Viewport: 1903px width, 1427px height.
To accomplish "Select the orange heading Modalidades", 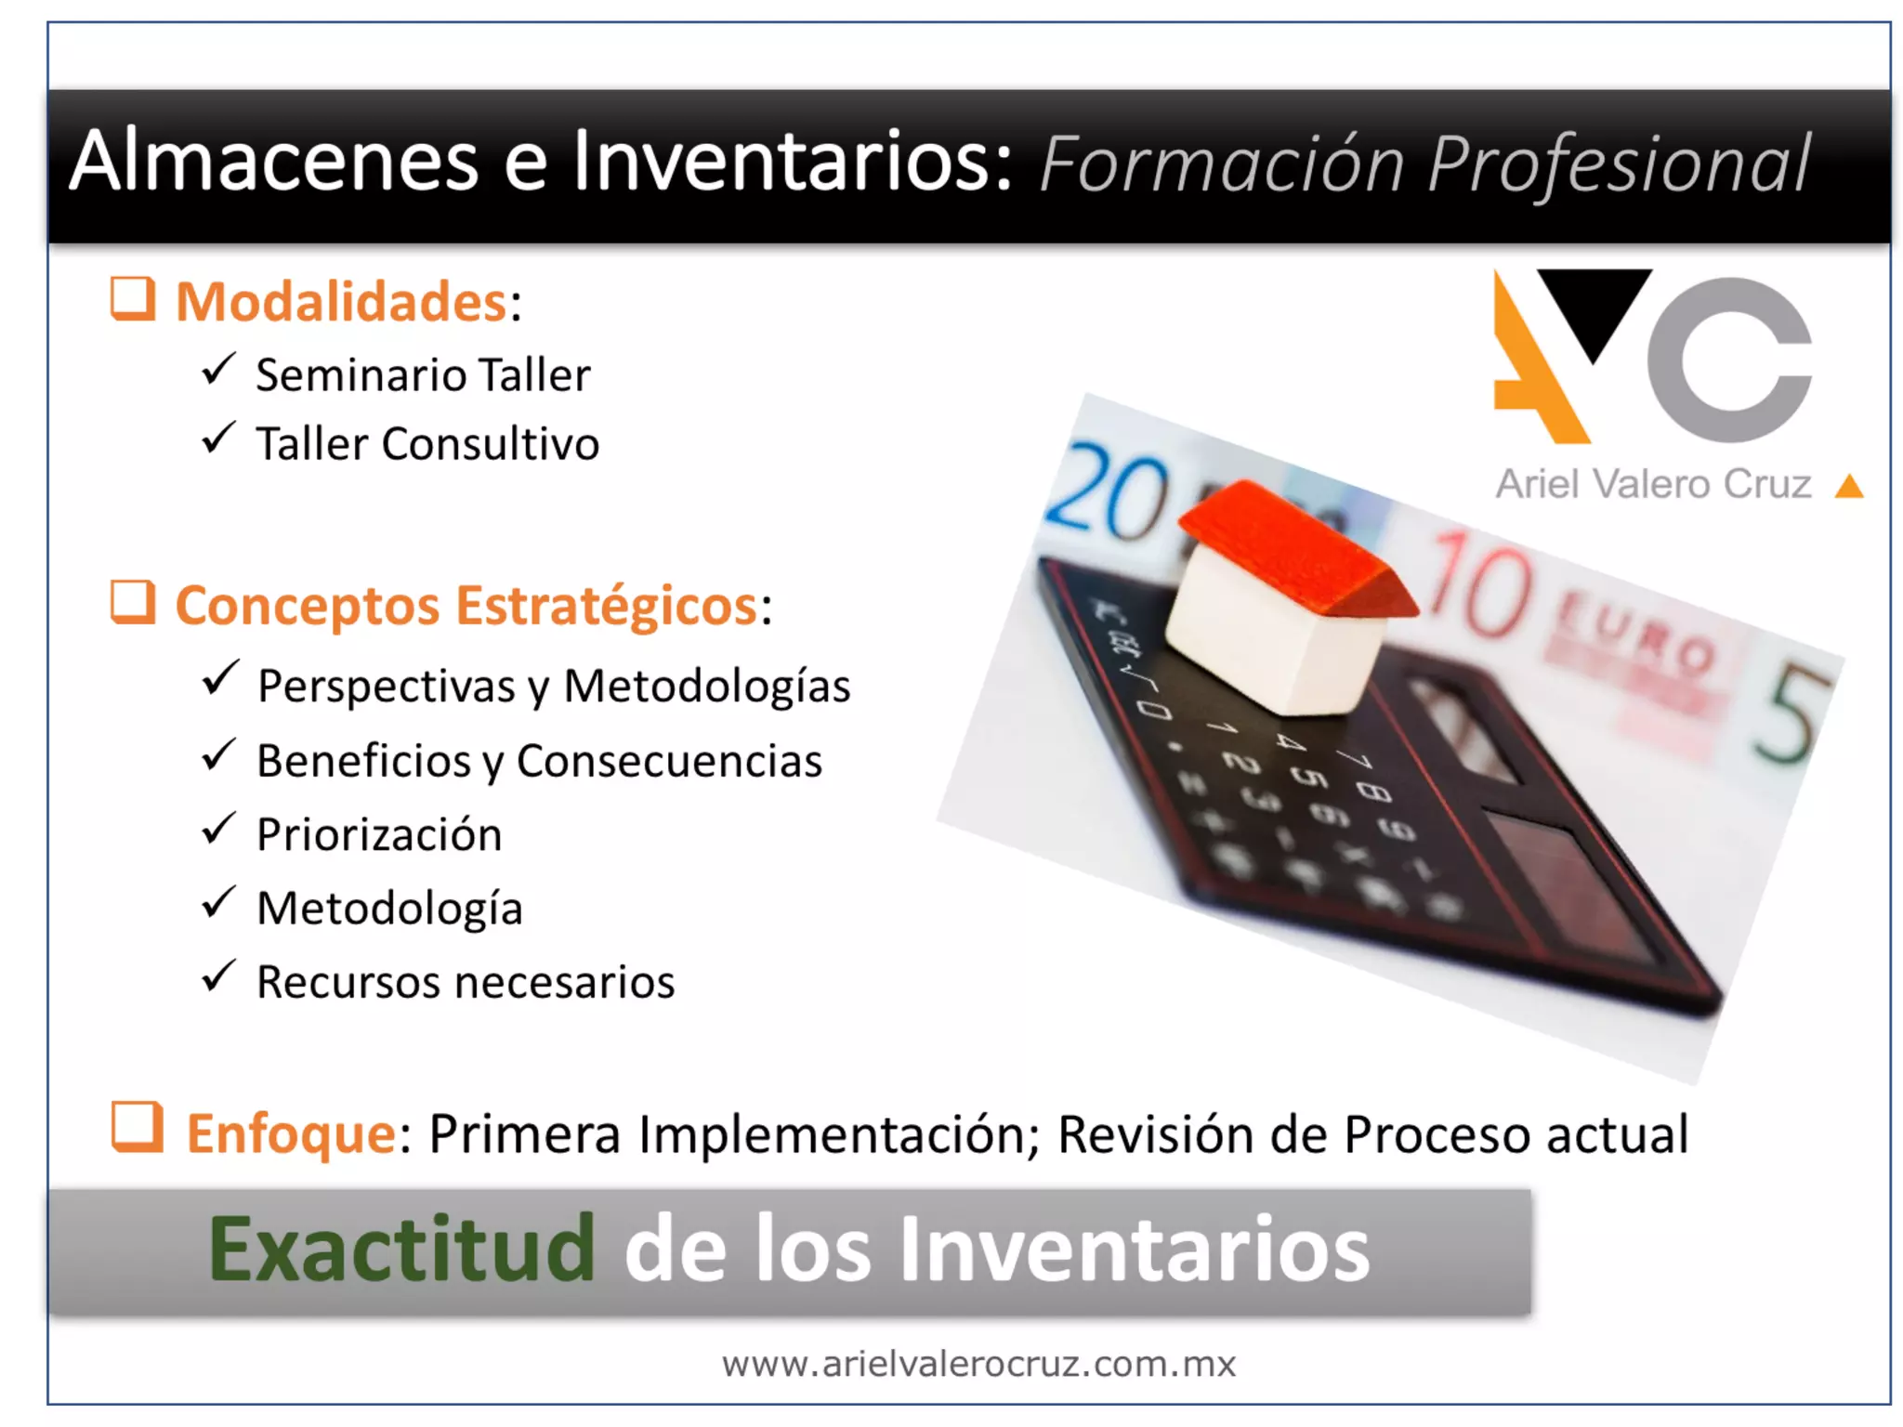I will point(341,302).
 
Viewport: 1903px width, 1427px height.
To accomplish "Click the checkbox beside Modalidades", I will point(133,299).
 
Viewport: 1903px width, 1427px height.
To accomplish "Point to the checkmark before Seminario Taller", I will point(218,370).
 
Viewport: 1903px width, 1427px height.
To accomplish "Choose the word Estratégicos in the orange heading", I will point(606,606).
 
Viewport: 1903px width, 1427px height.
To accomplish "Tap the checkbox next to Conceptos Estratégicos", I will point(133,603).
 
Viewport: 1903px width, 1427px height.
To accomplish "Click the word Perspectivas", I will point(386,687).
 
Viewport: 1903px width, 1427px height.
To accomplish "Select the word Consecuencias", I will point(669,761).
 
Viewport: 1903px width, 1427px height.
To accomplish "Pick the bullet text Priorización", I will point(379,834).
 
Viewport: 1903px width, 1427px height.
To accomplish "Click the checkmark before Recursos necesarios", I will point(218,976).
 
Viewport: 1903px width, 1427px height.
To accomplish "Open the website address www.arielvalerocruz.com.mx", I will point(978,1364).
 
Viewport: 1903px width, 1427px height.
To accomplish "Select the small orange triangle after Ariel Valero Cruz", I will point(1849,486).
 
